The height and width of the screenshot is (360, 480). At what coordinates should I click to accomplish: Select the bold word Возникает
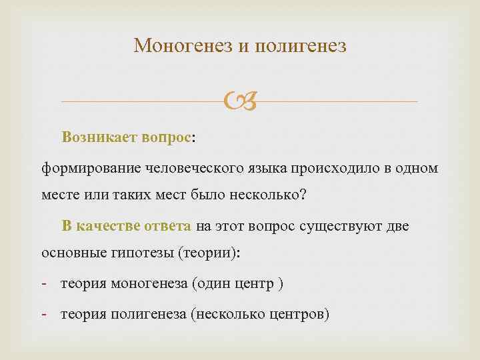[x=99, y=137]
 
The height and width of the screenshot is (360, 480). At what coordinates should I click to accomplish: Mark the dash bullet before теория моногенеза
[x=44, y=285]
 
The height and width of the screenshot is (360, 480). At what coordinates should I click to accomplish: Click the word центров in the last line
[x=297, y=314]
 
